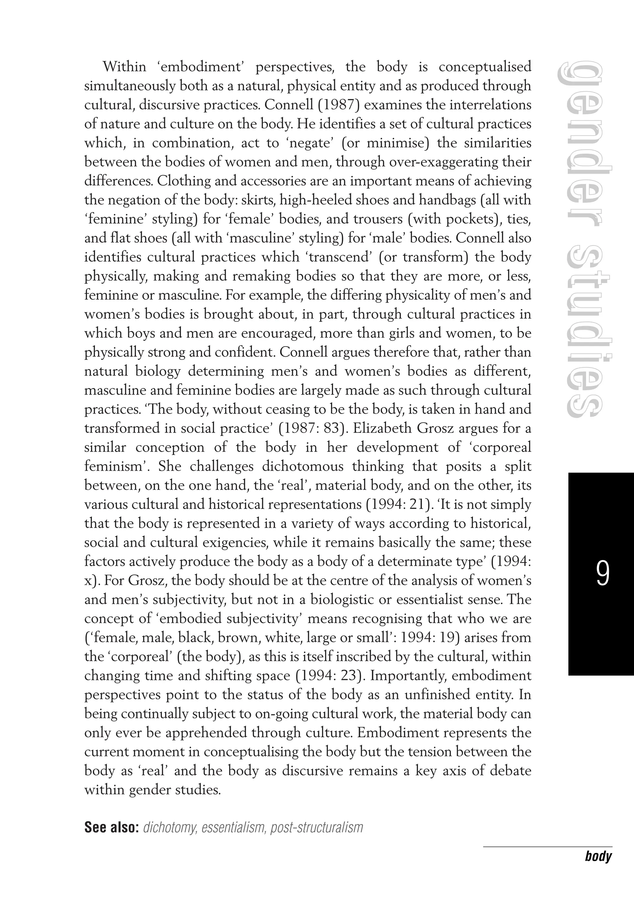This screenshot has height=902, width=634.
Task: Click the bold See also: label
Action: pyautogui.click(x=112, y=827)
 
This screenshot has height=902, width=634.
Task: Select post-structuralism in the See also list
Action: pyautogui.click(x=317, y=827)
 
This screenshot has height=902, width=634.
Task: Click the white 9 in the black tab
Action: pyautogui.click(x=602, y=574)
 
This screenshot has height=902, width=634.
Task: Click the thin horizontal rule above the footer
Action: pyautogui.click(x=548, y=847)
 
